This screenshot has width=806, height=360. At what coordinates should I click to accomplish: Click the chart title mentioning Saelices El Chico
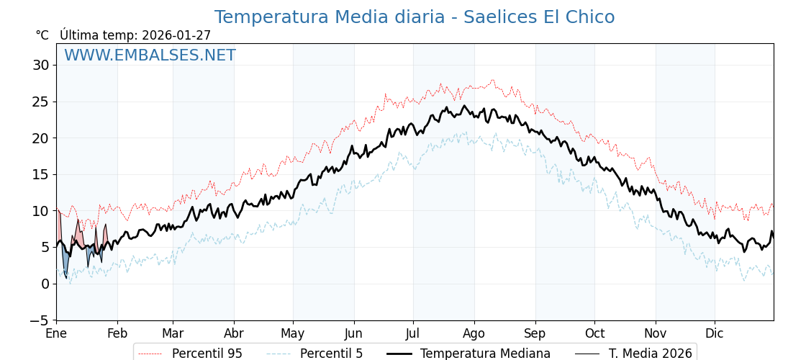coord(415,17)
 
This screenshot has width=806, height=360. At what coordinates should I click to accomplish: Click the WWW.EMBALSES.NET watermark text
coord(150,55)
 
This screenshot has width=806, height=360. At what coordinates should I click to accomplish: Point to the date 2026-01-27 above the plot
coord(176,35)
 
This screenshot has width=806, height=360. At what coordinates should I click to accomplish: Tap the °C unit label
coord(42,35)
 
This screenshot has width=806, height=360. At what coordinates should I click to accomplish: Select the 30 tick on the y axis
coord(40,65)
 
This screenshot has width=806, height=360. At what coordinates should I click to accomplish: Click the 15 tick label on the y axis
coord(40,174)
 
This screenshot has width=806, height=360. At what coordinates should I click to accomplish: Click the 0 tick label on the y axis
coord(45,284)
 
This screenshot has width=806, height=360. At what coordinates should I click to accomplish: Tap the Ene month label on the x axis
coord(56,333)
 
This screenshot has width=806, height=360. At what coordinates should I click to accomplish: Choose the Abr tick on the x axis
coord(234,333)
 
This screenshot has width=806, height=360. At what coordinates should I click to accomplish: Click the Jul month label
coord(413,333)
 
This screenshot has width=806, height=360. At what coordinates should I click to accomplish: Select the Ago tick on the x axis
coord(474,333)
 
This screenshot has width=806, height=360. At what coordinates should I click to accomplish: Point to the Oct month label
coord(594,333)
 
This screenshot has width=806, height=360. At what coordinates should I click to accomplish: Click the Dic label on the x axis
coord(715,333)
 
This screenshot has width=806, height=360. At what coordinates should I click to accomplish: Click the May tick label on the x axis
coord(293,333)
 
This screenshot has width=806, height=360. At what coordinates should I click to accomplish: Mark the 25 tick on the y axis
coord(40,102)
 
